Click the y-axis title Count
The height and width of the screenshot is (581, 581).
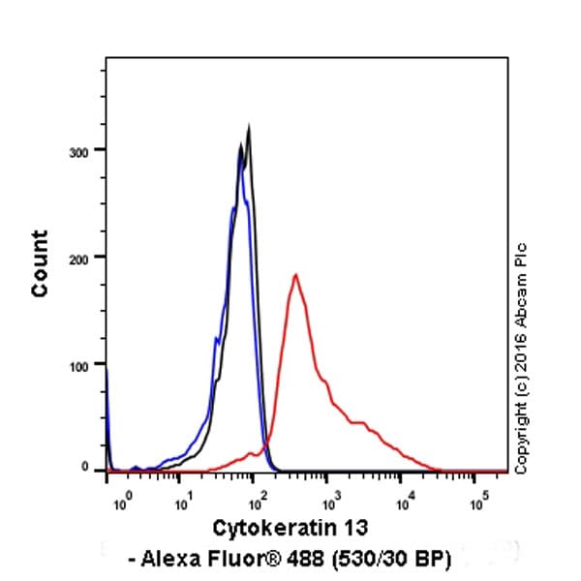point(40,263)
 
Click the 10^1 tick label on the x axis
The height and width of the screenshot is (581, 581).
point(183,503)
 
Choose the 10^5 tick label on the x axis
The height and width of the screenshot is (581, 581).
point(477,503)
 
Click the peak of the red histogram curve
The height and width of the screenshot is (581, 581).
point(295,275)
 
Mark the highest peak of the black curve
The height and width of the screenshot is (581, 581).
point(249,126)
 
